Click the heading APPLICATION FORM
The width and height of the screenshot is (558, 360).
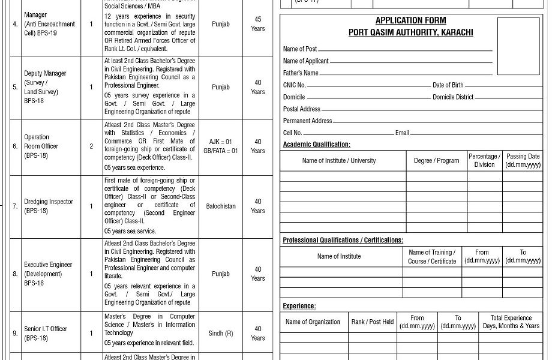tap(410, 20)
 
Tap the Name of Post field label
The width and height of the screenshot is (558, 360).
tap(300, 49)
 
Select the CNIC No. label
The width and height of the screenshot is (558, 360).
tap(295, 85)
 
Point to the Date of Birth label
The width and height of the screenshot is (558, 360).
tap(448, 85)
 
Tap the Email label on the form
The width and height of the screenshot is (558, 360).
tap(402, 133)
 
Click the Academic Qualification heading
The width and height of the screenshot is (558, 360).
tap(316, 145)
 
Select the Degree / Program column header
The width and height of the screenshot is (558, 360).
tap(436, 161)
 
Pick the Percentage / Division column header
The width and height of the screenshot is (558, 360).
tap(484, 160)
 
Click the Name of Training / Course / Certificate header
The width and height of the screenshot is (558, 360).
tap(432, 257)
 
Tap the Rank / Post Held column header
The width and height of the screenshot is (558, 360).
tap(372, 322)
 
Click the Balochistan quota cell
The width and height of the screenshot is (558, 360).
tap(221, 206)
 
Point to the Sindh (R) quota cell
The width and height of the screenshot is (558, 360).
tap(221, 334)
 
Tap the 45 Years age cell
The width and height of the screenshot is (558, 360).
tap(258, 24)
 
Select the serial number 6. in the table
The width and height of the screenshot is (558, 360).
tap(15, 146)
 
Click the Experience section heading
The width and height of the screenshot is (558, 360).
tap(299, 306)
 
